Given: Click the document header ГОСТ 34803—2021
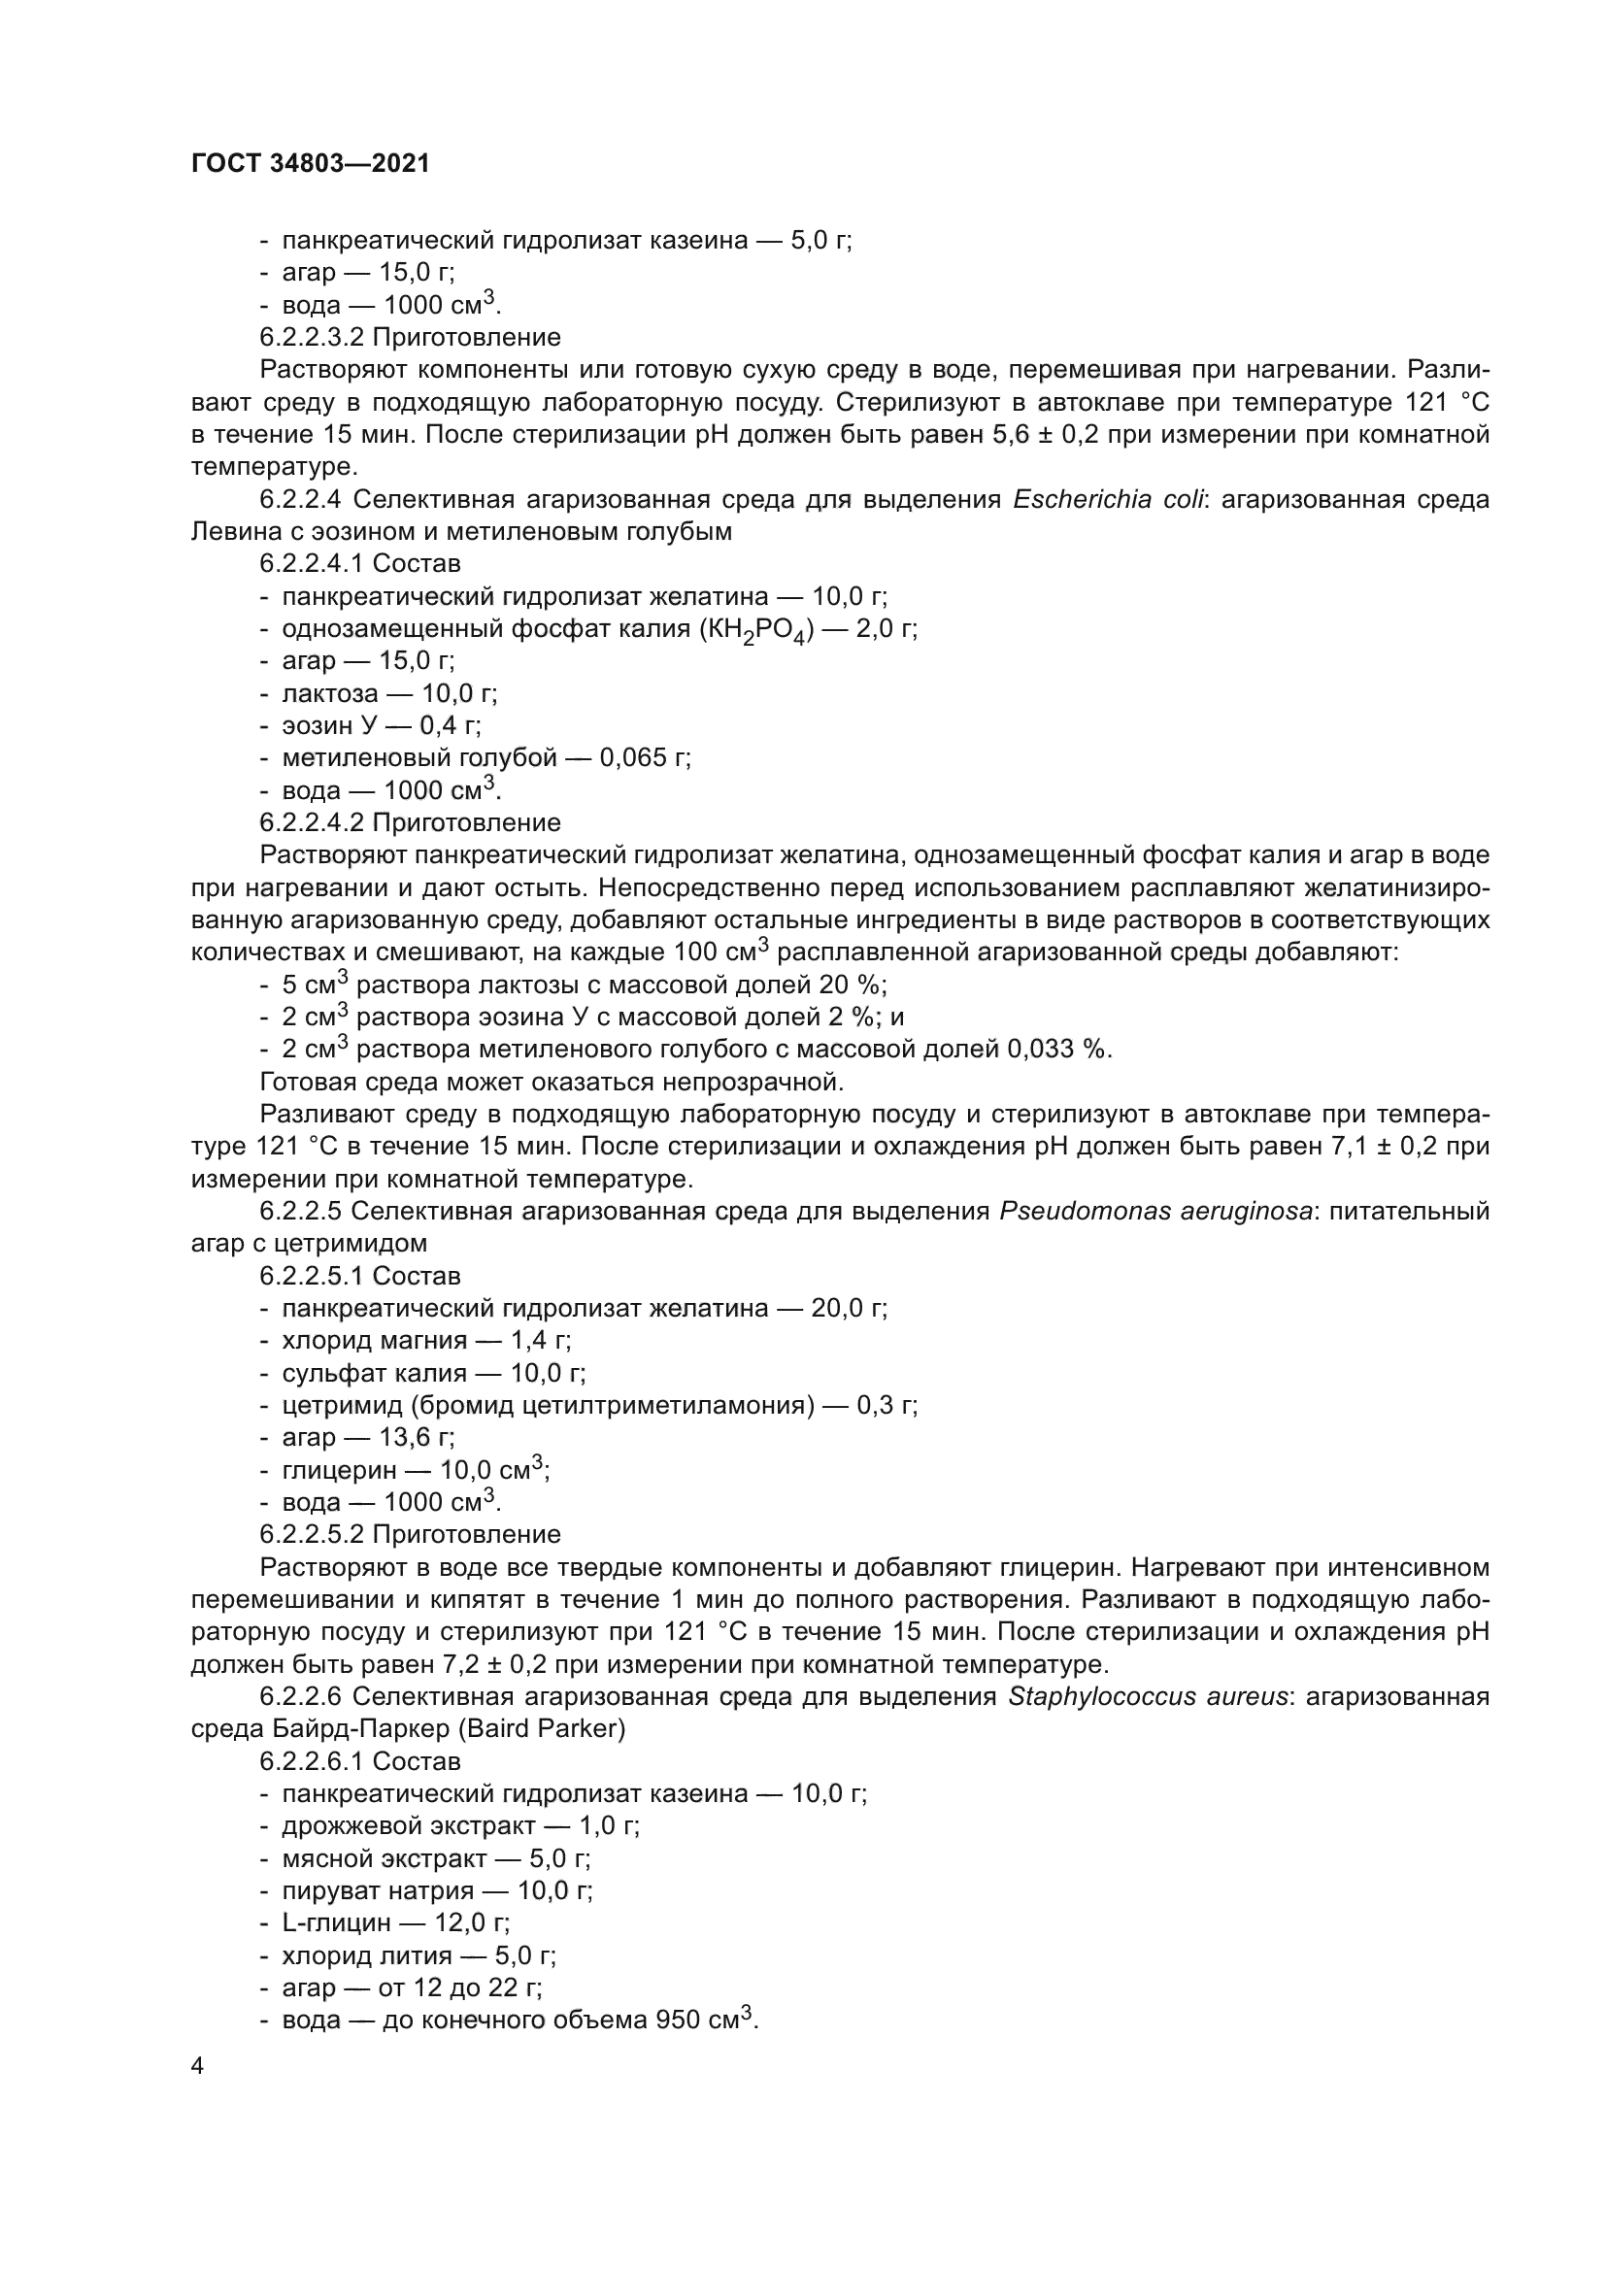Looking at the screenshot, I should click(311, 164).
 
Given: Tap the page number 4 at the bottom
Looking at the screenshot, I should click(198, 2065).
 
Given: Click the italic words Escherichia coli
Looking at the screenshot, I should click(1108, 499).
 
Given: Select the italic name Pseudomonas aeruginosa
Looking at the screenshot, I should click(1156, 1212).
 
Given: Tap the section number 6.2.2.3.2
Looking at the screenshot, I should click(313, 337).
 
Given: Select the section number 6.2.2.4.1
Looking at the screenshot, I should click(313, 564).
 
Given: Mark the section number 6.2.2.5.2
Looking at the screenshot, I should click(313, 1535).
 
